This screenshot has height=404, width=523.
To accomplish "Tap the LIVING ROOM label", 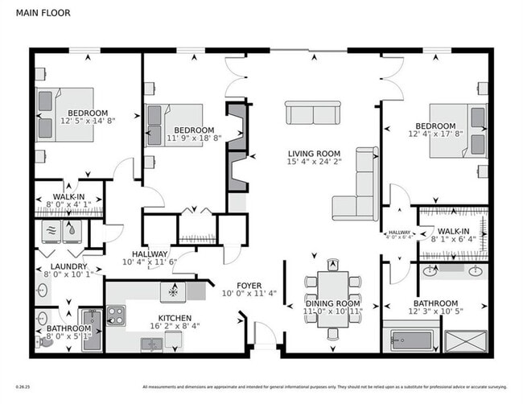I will click(315, 153).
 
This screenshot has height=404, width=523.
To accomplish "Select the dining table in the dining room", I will click(332, 297).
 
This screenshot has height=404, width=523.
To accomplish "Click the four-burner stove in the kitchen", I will click(115, 315).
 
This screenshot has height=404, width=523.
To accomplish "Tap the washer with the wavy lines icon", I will click(51, 230).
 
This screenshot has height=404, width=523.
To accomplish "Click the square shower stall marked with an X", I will click(465, 339).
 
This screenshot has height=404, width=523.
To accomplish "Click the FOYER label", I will click(249, 286).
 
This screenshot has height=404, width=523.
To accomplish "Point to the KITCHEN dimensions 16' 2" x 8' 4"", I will click(175, 325).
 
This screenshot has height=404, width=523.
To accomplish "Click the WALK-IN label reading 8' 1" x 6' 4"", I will click(453, 238).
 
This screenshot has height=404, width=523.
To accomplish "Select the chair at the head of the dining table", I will click(332, 264).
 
